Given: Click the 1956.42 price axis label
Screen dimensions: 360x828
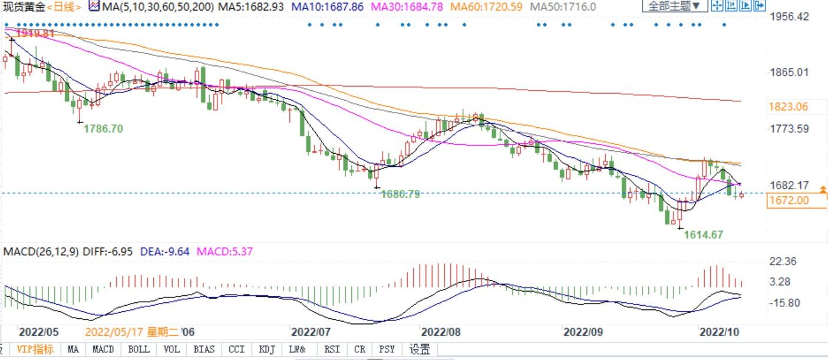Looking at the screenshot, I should (790, 16).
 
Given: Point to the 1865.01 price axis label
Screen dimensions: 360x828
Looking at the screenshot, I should (790, 72).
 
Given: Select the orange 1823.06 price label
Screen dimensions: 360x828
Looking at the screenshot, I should (788, 107).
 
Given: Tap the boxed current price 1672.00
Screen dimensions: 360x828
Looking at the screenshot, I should (788, 200).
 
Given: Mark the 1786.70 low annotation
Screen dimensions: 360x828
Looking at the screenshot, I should (103, 128).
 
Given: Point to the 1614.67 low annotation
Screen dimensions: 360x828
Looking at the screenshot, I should (703, 235).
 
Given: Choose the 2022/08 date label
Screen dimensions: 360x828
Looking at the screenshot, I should (440, 331).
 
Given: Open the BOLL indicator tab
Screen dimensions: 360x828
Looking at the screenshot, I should (138, 349).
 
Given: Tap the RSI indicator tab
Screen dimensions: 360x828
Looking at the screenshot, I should (332, 349).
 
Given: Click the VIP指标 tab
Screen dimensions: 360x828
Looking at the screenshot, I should (35, 349).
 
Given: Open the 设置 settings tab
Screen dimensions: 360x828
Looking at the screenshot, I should (420, 349).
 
